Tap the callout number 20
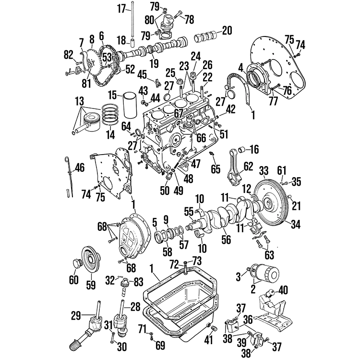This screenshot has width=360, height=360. (227, 30)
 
